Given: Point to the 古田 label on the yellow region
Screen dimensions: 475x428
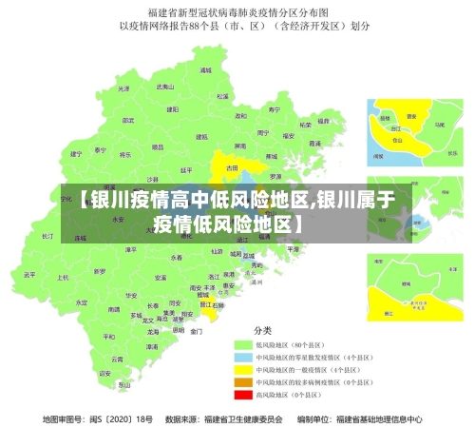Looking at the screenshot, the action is click(232, 167).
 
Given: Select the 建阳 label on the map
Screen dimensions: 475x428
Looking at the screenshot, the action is click(173, 109).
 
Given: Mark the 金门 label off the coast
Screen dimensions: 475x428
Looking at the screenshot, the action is click(196, 332).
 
